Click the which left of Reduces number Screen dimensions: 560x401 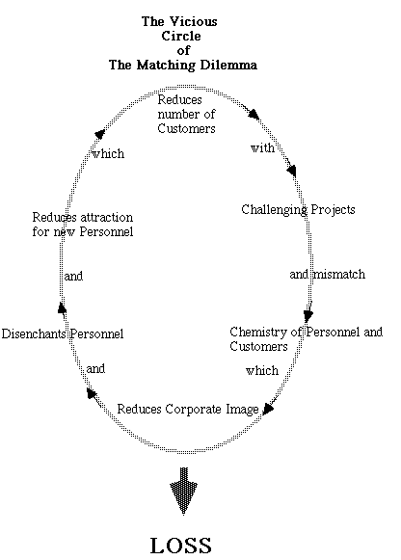pyautogui.click(x=107, y=153)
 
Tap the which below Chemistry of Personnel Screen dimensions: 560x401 pyautogui.click(x=261, y=371)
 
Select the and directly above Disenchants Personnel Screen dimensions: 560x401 pyautogui.click(x=72, y=276)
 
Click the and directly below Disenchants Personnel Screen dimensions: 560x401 pyautogui.click(x=95, y=368)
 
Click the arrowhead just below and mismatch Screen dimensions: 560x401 pyautogui.click(x=308, y=313)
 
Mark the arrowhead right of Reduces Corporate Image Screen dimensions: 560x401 pyautogui.click(x=270, y=409)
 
